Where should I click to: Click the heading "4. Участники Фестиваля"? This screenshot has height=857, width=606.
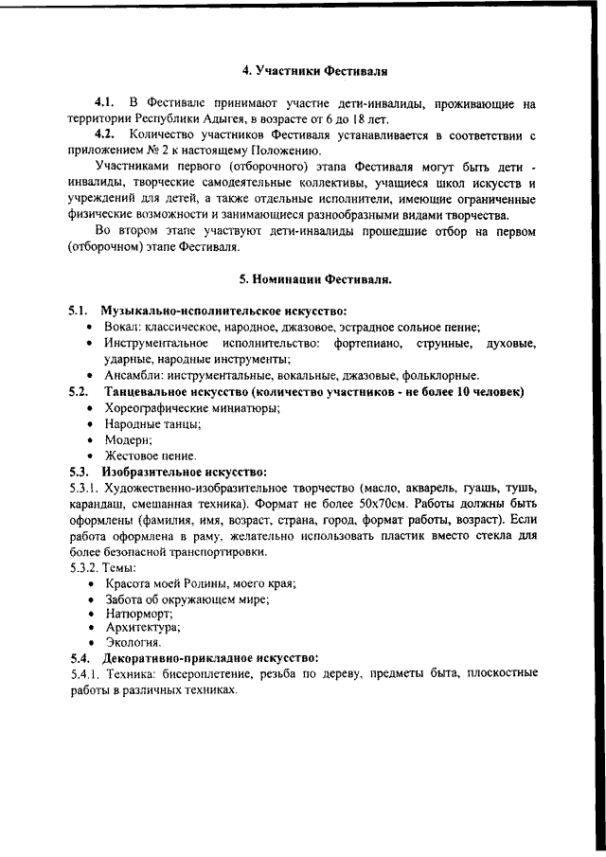point(315,70)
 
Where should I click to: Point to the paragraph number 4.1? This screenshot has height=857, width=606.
point(104,102)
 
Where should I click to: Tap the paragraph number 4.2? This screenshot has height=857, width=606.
point(104,135)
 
